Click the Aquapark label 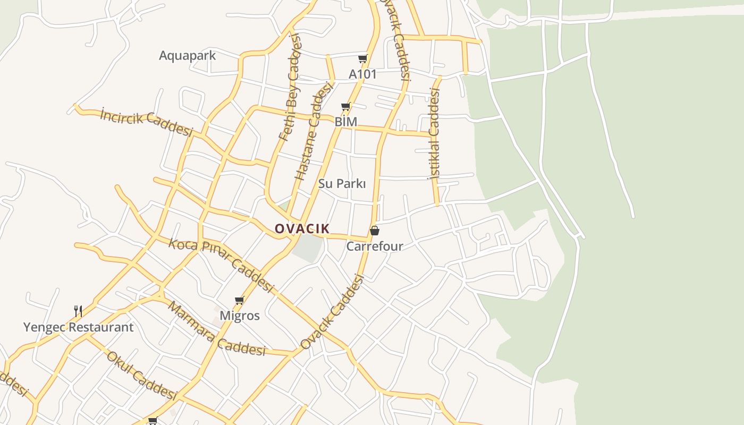pos(187,55)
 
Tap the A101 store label pos(362,74)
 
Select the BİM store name pos(345,122)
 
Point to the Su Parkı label pos(342,184)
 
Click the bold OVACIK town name pos(302,229)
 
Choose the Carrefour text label pos(375,246)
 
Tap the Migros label pos(240,316)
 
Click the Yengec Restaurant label pos(78,327)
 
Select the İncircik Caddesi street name pos(146,123)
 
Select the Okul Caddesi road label pos(141,375)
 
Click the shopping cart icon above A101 pos(362,58)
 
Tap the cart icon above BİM pos(345,107)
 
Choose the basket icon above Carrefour pos(375,231)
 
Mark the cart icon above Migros pos(240,301)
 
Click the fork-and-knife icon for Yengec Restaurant pos(78,311)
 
